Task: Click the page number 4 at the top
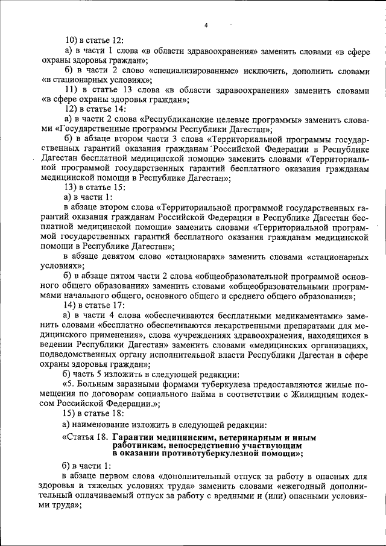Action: click(x=206, y=25)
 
